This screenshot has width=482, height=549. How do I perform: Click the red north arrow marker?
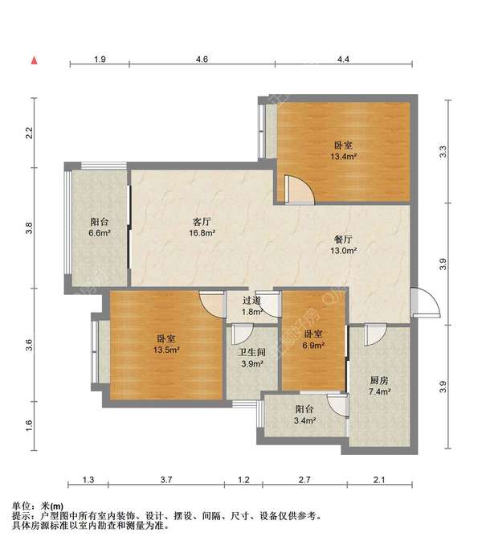(35, 60)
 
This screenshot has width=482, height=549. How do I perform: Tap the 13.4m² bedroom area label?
(343, 151)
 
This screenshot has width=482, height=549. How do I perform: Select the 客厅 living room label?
(202, 221)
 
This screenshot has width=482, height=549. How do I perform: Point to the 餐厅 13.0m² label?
(343, 244)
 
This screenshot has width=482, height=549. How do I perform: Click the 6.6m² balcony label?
(100, 227)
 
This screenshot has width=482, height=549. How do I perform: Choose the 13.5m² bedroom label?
(166, 344)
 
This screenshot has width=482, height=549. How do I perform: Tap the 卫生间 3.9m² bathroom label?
(252, 358)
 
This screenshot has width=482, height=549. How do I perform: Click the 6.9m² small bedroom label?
(313, 340)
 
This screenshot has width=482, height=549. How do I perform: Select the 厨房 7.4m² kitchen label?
(379, 386)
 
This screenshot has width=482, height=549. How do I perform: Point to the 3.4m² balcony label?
(304, 415)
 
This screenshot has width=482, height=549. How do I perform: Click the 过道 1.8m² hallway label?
(252, 306)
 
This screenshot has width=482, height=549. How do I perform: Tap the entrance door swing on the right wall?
(425, 303)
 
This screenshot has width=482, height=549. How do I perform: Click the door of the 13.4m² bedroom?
(300, 190)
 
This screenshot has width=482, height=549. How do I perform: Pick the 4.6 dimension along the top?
(202, 59)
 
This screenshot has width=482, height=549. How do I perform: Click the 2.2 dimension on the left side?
(30, 133)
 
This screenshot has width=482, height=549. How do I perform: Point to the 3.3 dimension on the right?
(443, 151)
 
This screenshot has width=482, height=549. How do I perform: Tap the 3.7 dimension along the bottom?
(166, 479)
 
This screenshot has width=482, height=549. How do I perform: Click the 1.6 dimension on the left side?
(30, 425)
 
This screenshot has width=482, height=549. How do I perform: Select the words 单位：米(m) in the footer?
(38, 506)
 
